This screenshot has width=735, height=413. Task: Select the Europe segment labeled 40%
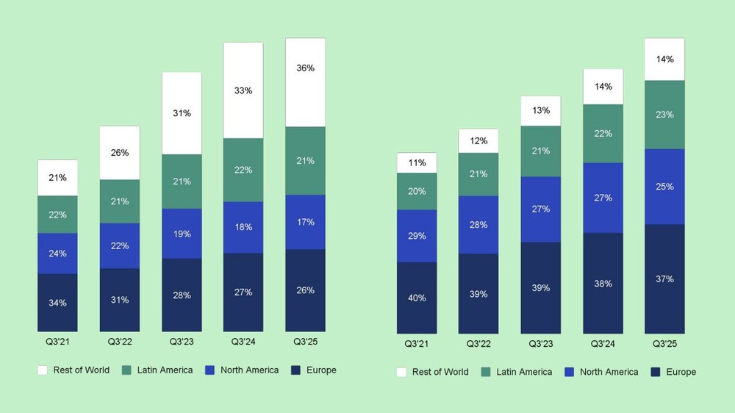click(x=417, y=298)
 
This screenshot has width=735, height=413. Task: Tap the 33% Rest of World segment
click(x=243, y=90)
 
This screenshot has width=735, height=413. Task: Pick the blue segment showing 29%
click(x=417, y=236)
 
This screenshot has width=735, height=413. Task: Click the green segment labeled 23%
click(x=664, y=115)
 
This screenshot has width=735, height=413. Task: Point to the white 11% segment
click(x=417, y=163)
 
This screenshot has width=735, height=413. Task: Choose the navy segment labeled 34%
click(x=57, y=302)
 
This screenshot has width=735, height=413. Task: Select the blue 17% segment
click(x=305, y=222)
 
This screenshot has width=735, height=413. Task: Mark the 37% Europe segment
click(x=664, y=279)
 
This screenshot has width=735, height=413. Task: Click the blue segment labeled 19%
click(x=182, y=234)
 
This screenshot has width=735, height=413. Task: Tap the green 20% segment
click(x=417, y=191)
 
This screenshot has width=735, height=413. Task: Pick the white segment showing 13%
click(x=541, y=111)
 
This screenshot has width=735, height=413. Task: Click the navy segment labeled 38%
click(x=603, y=283)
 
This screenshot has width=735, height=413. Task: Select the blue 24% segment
click(x=57, y=254)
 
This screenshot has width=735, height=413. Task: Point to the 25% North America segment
click(x=664, y=187)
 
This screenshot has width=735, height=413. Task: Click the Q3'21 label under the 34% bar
click(x=57, y=342)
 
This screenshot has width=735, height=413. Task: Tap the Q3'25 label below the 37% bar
click(x=664, y=343)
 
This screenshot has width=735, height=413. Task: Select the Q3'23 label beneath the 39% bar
click(x=541, y=343)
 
